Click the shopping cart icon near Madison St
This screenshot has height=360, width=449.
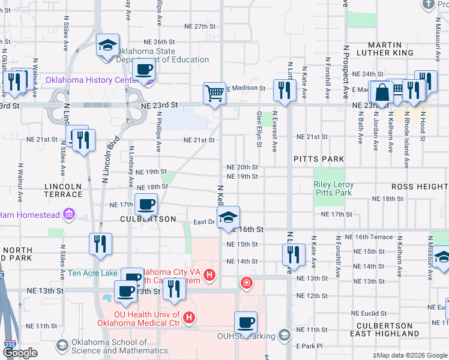tap(214, 93)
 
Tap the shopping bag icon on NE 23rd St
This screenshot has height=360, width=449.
tap(382, 92)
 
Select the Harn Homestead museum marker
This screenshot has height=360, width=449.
tap(70, 214)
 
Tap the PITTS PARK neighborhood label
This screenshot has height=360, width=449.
tap(319, 159)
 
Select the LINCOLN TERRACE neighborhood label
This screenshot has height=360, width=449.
tap(63, 190)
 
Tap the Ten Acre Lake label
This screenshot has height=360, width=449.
tap(92, 272)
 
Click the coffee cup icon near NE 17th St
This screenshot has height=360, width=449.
tap(146, 205)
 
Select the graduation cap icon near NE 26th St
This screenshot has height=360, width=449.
tap(108, 46)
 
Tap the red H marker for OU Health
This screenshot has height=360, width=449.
tap(189, 317)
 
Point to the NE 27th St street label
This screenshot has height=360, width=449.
tap(200, 26)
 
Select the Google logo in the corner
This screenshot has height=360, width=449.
tap(20, 353)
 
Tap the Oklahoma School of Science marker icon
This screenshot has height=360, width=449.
tap(62, 345)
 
